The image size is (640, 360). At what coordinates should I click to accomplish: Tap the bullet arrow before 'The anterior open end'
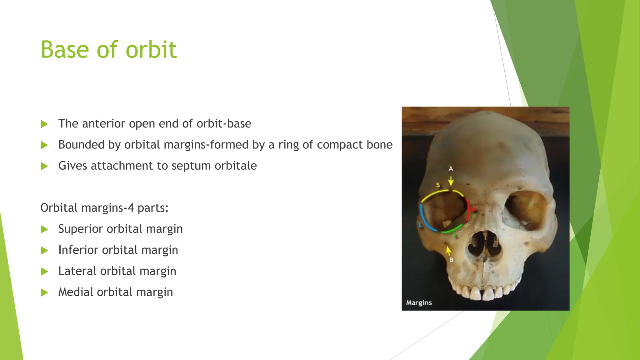pyautogui.click(x=45, y=124)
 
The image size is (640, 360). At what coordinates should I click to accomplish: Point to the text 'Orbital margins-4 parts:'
pyautogui.click(x=104, y=208)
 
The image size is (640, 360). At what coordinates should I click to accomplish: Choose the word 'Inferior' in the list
pyautogui.click(x=78, y=250)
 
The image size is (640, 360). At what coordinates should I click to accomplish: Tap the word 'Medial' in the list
pyautogui.click(x=76, y=292)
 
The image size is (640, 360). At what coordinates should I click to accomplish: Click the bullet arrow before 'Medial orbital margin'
pyautogui.click(x=45, y=292)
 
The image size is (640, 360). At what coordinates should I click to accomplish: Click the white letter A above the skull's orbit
pyautogui.click(x=451, y=169)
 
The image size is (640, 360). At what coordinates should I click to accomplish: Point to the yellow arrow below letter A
pyautogui.click(x=451, y=181)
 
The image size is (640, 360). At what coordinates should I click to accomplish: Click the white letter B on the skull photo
pyautogui.click(x=451, y=260)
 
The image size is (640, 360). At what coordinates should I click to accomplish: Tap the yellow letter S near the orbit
pyautogui.click(x=438, y=185)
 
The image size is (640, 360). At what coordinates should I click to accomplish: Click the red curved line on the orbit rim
pyautogui.click(x=468, y=209)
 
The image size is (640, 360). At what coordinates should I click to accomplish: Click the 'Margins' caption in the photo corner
pyautogui.click(x=419, y=302)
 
